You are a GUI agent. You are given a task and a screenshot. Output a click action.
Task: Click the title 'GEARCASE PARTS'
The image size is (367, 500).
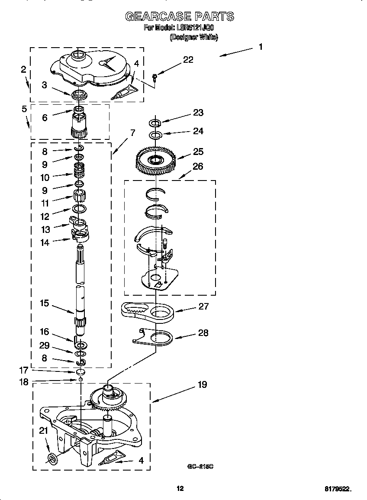(180, 17)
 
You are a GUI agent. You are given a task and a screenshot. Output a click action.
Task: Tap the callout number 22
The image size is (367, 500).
(188, 60)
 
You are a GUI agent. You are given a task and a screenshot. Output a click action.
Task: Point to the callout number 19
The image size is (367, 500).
(202, 384)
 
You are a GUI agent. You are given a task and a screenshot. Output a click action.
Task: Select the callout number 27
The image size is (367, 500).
(203, 306)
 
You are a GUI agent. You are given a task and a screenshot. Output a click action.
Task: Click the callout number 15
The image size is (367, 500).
(45, 303)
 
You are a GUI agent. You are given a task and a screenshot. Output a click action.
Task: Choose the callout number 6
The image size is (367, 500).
(45, 117)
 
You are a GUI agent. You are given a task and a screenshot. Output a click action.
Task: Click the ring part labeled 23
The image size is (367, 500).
(156, 122)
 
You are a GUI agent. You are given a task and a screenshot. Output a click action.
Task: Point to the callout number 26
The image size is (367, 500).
(198, 166)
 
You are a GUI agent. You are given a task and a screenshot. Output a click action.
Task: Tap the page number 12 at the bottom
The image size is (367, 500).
(180, 488)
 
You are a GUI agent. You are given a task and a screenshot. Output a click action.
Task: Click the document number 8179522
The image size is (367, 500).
(338, 489)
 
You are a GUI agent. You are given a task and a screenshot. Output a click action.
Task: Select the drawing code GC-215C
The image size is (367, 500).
(201, 467)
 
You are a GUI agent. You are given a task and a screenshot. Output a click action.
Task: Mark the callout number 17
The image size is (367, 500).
(24, 371)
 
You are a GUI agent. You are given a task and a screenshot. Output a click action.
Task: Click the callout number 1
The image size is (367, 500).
(261, 46)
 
